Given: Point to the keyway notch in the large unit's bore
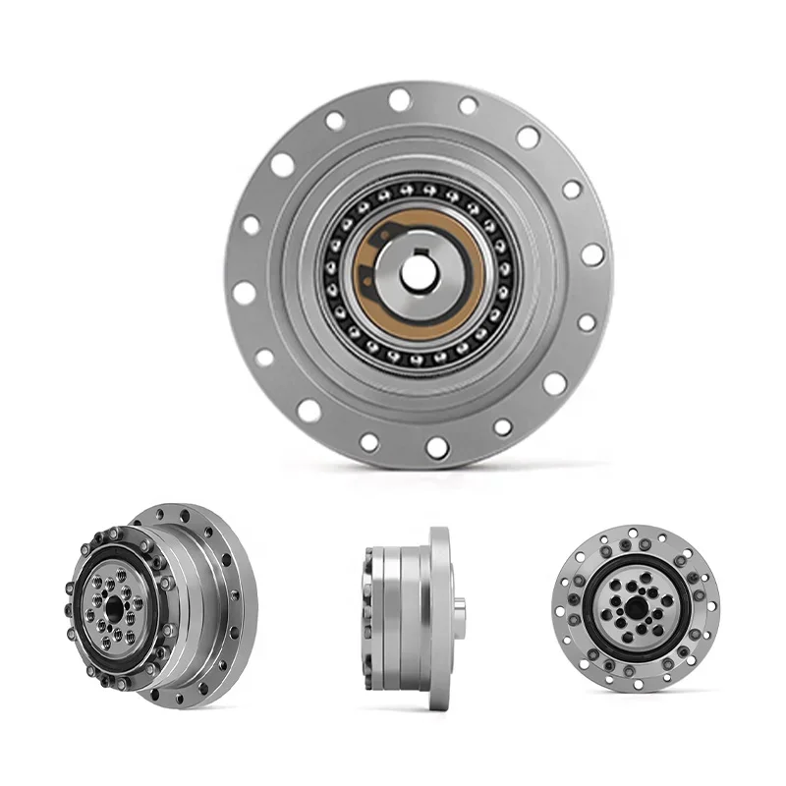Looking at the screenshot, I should coord(419,258).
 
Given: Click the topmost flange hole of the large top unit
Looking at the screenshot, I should coord(399,98).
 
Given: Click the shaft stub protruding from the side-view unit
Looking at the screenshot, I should coord(460,600).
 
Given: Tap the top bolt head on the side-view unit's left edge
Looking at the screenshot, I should coord(367,549).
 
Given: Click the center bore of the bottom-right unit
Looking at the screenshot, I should coord(635,607).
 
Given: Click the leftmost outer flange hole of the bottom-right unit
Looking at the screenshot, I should coord(561,607).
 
